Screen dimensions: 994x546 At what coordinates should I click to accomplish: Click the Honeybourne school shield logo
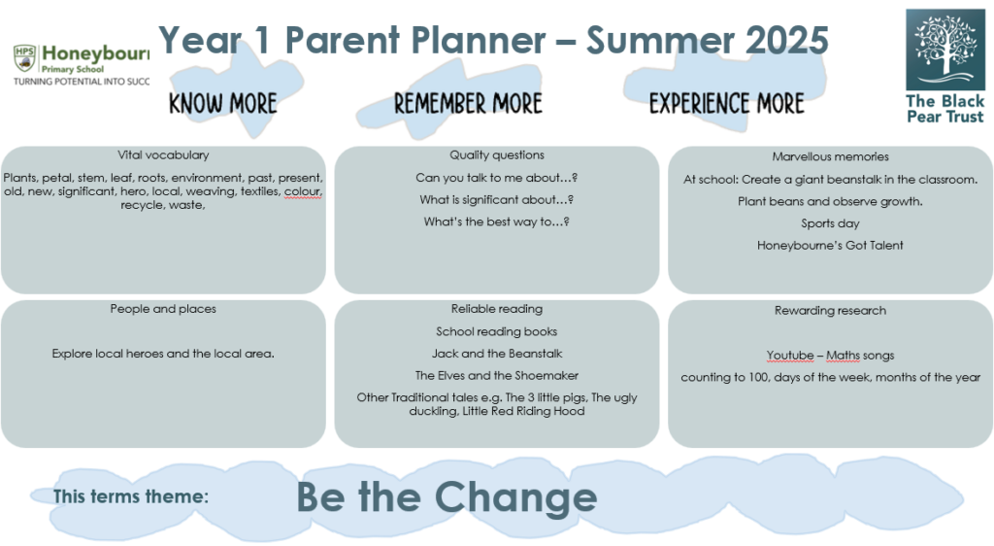(24, 57)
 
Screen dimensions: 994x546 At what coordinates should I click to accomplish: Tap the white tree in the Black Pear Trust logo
(944, 46)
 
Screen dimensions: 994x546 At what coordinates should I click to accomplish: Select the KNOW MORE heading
(222, 103)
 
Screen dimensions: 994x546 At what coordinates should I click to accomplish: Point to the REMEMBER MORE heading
(468, 103)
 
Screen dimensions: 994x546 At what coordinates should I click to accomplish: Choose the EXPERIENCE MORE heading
(726, 103)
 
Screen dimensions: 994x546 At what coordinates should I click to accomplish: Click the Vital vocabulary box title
(163, 154)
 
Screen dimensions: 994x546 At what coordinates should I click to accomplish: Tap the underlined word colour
(303, 191)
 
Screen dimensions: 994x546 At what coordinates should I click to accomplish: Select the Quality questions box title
(497, 154)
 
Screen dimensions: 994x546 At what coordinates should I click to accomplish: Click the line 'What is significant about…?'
(496, 200)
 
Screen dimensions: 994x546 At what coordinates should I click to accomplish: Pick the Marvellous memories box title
(831, 156)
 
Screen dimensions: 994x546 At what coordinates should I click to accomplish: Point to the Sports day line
(831, 223)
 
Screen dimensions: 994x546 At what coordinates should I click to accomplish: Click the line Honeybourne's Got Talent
(831, 246)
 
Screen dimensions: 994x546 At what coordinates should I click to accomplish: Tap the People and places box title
(163, 309)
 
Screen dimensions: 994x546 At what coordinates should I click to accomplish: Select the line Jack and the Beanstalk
(497, 354)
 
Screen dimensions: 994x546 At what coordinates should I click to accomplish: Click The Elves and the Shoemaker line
(497, 375)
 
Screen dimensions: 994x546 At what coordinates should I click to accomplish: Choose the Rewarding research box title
(831, 311)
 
